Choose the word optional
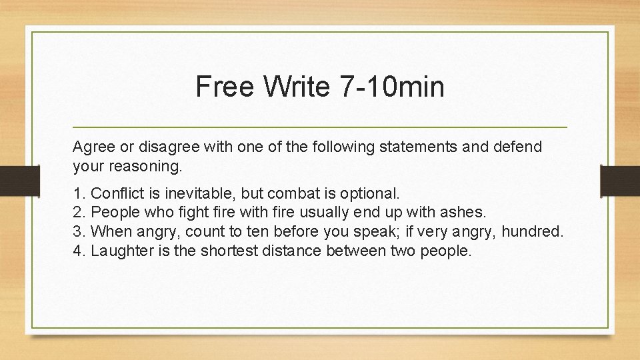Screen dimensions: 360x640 tap(371, 194)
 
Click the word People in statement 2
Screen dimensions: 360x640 tap(113, 213)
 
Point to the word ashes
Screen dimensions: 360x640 tap(465, 213)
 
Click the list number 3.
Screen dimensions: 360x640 tap(79, 232)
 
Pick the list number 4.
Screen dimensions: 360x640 tap(79, 251)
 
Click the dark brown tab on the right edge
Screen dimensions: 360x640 tap(620, 179)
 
